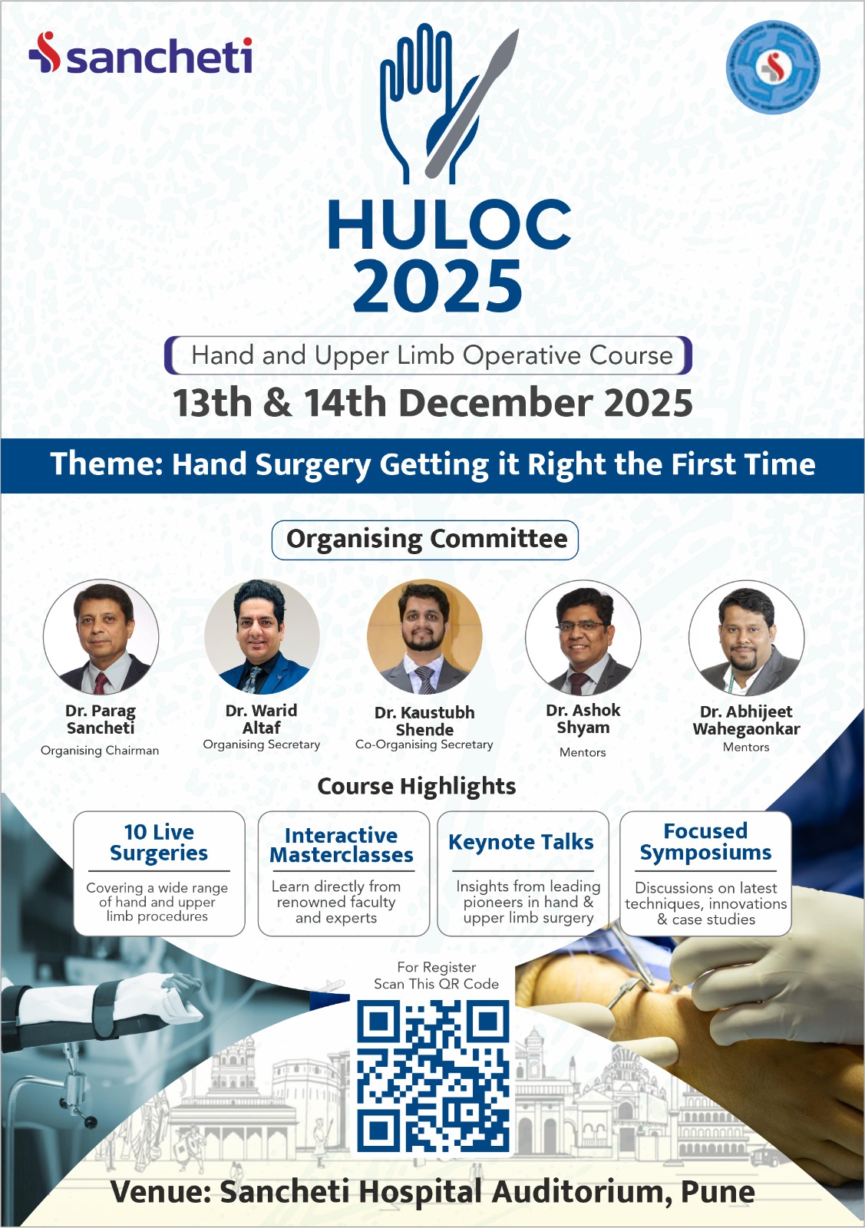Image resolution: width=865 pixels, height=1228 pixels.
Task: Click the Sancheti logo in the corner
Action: tap(140, 54)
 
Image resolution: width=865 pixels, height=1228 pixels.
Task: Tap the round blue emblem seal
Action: tap(772, 68)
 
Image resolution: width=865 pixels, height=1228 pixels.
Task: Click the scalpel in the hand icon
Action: tap(471, 104)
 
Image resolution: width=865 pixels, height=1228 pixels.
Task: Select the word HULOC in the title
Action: tap(450, 225)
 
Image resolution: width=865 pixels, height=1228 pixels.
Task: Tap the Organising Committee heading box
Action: tap(425, 540)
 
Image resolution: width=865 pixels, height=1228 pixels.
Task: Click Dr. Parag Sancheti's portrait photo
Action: tap(101, 637)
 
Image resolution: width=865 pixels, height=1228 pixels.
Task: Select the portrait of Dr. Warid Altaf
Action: tap(262, 637)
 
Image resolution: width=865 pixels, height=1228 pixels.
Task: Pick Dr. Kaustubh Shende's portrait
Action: tap(425, 637)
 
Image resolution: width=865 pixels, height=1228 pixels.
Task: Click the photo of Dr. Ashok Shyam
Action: tap(583, 638)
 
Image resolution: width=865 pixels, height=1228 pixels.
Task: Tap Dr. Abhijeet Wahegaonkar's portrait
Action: tap(747, 638)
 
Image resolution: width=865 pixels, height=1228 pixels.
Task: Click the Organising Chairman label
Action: tap(100, 751)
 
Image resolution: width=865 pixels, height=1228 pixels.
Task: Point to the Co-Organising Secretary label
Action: tap(424, 744)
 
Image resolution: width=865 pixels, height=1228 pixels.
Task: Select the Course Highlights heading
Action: tap(417, 787)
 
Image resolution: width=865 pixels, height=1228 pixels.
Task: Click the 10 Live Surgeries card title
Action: tap(159, 843)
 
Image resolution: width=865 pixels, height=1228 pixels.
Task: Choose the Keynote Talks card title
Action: tap(520, 842)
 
